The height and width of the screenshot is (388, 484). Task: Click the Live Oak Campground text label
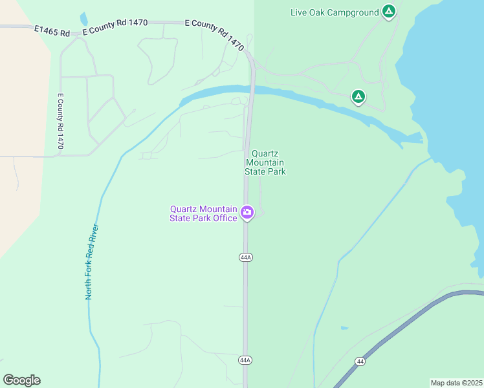point(335,12)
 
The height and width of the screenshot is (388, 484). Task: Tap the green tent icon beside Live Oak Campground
point(388,12)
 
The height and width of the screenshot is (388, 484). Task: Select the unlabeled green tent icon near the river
point(358,97)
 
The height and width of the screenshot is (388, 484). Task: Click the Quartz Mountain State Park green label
point(265,162)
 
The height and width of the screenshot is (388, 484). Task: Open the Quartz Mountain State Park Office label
point(203,213)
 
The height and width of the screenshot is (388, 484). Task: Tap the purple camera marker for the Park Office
point(247,212)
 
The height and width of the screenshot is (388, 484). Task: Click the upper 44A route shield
point(245,257)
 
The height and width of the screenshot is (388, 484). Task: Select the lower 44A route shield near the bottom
point(245,360)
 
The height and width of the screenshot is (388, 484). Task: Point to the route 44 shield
point(359,360)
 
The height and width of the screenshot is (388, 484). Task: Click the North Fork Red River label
point(92,262)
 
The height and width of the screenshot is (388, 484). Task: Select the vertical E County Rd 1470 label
point(60,121)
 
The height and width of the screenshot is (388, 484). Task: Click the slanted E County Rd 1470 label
point(215,34)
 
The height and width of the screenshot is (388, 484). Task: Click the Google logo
point(21,380)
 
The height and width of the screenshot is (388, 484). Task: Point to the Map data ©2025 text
point(456,382)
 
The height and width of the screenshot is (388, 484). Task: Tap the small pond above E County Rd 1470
point(83,19)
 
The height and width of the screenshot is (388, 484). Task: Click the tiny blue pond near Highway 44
point(344,328)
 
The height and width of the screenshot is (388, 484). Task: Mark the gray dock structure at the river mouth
point(414,138)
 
